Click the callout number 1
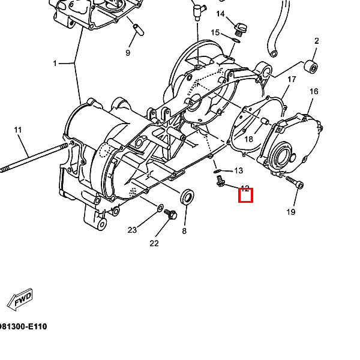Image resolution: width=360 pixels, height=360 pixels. (55, 63)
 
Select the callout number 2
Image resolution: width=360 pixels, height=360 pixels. (316, 41)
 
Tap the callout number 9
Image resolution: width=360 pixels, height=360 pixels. (128, 53)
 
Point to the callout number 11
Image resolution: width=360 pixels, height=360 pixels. (17, 130)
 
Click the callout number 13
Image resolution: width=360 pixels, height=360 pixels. (238, 170)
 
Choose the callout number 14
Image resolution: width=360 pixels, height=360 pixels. (220, 14)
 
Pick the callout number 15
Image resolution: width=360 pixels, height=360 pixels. (215, 32)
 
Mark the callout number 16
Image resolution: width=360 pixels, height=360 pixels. (314, 91)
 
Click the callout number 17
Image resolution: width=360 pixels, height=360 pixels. (292, 79)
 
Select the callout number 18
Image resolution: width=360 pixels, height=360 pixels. (248, 139)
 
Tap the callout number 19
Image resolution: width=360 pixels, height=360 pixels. (291, 212)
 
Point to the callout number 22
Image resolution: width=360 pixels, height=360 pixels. (154, 243)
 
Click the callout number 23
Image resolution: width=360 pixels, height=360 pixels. (133, 230)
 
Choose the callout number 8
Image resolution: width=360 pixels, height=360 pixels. (184, 230)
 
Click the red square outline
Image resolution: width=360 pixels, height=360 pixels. (246, 195)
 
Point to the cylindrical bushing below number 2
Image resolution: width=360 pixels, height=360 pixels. (311, 65)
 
